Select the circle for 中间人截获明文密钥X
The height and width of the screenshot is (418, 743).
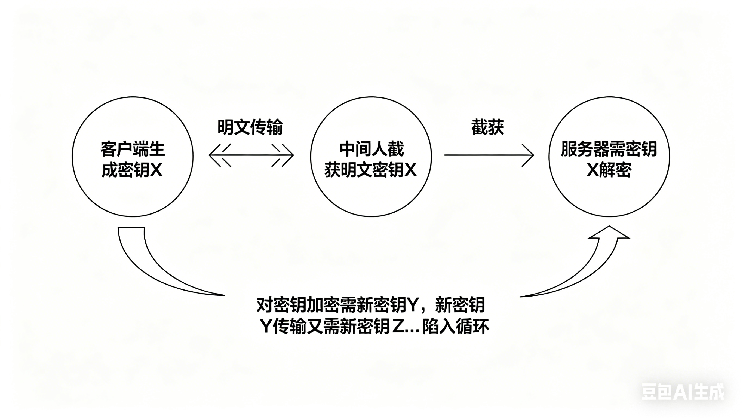click(x=371, y=193)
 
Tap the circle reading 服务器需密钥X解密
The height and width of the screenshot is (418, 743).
click(x=609, y=193)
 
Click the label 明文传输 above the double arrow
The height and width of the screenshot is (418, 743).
click(x=250, y=127)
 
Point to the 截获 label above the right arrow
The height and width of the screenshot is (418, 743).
click(x=487, y=127)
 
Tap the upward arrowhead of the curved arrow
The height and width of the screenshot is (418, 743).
click(x=609, y=233)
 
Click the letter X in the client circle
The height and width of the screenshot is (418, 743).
click(x=156, y=170)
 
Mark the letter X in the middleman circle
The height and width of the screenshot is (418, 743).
click(x=410, y=170)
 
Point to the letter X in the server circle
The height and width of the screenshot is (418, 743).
click(x=592, y=170)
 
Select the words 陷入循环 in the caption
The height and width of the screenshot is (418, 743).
click(x=456, y=327)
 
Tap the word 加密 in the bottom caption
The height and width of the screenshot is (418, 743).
click(x=323, y=305)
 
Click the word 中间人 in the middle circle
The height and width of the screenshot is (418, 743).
click(x=363, y=149)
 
